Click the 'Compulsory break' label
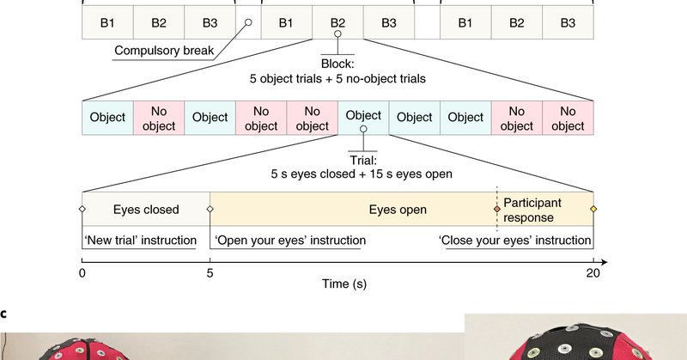pyautogui.click(x=164, y=51)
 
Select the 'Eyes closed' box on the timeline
pyautogui.click(x=146, y=209)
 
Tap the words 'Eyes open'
pyautogui.click(x=398, y=209)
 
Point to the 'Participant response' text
pyautogui.click(x=532, y=209)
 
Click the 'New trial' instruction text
pyautogui.click(x=140, y=240)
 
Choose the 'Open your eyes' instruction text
pyautogui.click(x=285, y=240)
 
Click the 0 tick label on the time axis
pyautogui.click(x=82, y=273)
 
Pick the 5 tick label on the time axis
pyautogui.click(x=210, y=273)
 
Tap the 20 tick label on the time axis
pyautogui.click(x=593, y=273)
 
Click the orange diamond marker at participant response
pyautogui.click(x=497, y=209)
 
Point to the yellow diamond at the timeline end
pyautogui.click(x=593, y=209)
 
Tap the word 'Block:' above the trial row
pyautogui.click(x=337, y=63)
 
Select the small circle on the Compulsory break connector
pyautogui.click(x=248, y=23)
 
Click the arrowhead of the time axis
pyautogui.click(x=605, y=259)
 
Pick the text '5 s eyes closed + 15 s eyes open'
pyautogui.click(x=362, y=173)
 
